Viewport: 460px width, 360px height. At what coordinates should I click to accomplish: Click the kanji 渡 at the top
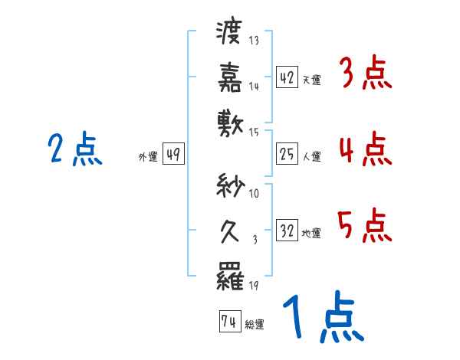pos(229,33)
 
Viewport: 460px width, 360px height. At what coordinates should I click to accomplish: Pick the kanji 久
pos(229,231)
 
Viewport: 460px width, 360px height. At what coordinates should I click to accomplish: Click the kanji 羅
pos(229,277)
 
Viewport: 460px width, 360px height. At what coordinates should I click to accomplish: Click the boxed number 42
pos(287,77)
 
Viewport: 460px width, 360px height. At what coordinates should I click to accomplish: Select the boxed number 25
pos(287,155)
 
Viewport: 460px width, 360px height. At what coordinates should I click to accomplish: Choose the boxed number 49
pos(172,155)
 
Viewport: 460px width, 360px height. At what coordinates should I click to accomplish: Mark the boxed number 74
pos(228,322)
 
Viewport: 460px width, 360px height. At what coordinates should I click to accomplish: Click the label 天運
pos(311,80)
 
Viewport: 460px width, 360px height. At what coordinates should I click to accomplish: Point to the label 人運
pos(311,157)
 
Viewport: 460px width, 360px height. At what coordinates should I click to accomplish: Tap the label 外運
pos(147,157)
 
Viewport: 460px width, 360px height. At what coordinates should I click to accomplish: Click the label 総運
pos(255,325)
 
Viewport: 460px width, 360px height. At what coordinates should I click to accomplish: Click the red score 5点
pos(366,225)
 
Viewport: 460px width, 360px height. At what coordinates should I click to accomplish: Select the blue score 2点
pos(75,149)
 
